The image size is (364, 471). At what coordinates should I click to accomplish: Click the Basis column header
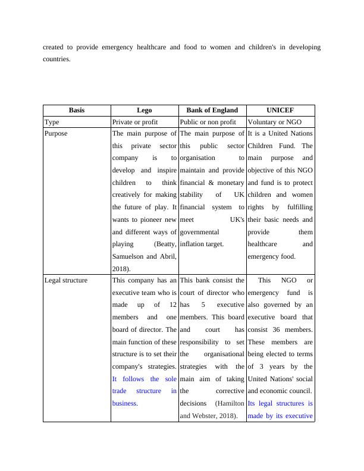click(x=77, y=110)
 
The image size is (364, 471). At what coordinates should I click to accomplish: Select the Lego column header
click(x=145, y=110)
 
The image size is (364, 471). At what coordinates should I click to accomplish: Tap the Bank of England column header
click(x=212, y=110)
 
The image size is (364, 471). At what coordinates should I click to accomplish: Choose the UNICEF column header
click(x=280, y=110)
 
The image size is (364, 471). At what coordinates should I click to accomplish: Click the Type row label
click(x=52, y=122)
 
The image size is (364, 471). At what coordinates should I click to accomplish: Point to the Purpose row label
click(x=56, y=134)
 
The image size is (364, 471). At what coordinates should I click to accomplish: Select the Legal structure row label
click(x=66, y=280)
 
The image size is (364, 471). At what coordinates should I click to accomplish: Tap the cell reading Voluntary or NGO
click(x=275, y=122)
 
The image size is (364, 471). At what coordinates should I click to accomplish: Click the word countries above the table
click(x=57, y=59)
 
